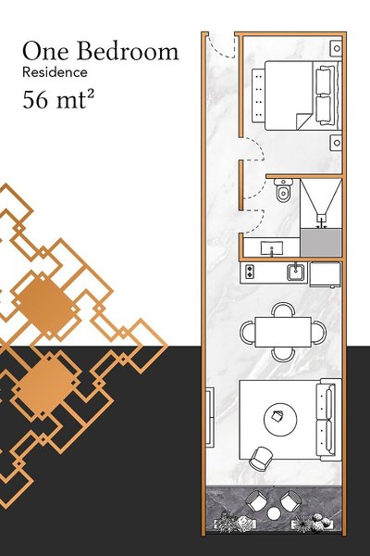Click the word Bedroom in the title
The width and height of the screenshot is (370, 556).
[x=128, y=51]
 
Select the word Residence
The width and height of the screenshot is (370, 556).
[x=55, y=72]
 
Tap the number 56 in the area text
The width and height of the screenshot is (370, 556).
[x=35, y=100]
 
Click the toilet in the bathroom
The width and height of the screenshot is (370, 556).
[x=283, y=190]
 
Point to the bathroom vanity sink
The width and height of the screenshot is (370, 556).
[x=272, y=247]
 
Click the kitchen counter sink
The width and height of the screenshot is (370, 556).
[x=296, y=272]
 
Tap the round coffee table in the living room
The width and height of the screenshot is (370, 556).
[x=280, y=420]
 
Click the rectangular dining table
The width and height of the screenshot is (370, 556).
[x=283, y=333]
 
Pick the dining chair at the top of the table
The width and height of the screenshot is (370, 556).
[x=283, y=310]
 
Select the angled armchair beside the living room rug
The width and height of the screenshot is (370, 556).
[x=261, y=459]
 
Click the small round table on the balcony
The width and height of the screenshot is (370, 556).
[x=274, y=513]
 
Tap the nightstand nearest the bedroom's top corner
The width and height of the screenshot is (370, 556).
[x=336, y=48]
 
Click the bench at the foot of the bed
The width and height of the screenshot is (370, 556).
[x=258, y=95]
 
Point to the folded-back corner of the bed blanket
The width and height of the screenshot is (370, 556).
[x=302, y=121]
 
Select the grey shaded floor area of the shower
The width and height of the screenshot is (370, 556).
[x=321, y=243]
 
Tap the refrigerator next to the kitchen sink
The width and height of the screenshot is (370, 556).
[x=326, y=273]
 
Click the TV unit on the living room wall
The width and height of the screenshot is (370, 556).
[x=210, y=417]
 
